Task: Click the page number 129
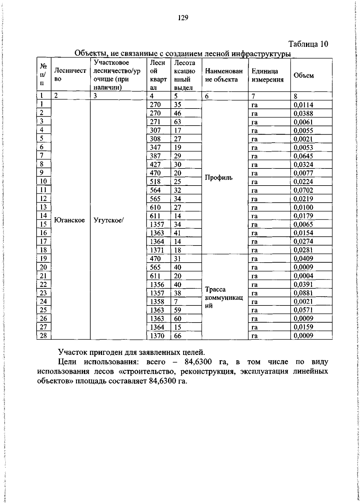pos(183,18)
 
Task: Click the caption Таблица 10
pos(308,44)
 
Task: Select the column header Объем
pos(304,76)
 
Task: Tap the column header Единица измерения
pos(267,75)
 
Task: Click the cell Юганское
pos(70,220)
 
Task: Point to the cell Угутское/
pos(109,220)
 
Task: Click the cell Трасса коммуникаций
pos(228,297)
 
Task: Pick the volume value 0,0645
pos(303,156)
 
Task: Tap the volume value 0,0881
pos(303,293)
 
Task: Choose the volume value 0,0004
pos(303,276)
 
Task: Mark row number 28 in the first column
pos(43,335)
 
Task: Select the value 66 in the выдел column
pos(178,336)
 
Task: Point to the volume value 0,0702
pos(303,190)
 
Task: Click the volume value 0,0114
pos(303,105)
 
